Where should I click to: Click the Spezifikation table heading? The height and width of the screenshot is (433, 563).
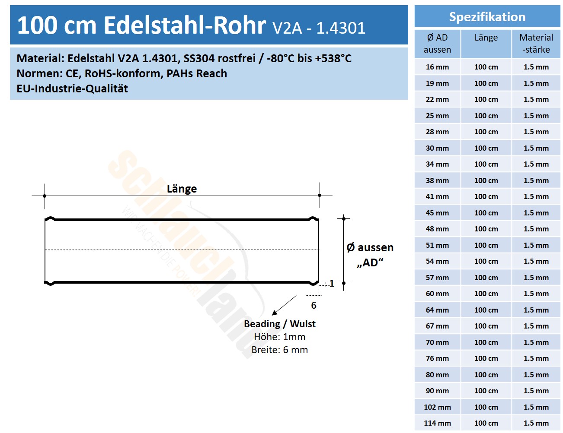coord(487,17)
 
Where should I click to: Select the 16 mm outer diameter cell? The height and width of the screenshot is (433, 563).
coord(437,67)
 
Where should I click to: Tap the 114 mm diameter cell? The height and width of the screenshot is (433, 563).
coord(437,423)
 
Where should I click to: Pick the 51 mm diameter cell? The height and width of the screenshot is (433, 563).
coord(437,245)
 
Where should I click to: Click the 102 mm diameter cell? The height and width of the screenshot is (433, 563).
coord(437,407)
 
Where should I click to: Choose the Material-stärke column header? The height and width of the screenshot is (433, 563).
coord(536,44)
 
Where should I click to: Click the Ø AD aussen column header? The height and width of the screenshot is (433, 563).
coord(437,44)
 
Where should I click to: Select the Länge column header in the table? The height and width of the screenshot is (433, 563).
coord(486,38)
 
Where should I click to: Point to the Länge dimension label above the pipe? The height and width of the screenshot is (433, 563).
coord(182,189)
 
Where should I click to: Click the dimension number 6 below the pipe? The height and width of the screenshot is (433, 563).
coord(314,306)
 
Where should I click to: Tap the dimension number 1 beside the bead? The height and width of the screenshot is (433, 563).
coord(332,284)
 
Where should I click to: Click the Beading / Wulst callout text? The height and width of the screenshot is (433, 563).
coord(279,324)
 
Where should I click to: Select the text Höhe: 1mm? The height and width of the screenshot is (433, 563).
coord(279,337)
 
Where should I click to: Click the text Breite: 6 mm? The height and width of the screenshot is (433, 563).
coord(279,350)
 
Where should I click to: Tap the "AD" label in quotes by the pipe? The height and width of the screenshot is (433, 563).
coord(370,262)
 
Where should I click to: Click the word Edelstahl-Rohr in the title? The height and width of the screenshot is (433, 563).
coord(185,25)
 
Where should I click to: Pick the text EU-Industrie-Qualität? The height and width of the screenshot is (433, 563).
coord(72,88)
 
